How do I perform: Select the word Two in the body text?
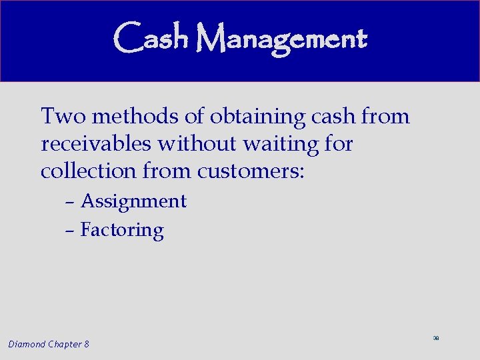[x=63, y=117]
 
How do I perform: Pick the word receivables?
[x=96, y=144]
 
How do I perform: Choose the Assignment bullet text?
[x=133, y=202]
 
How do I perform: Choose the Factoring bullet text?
[x=122, y=231]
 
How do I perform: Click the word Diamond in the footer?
[x=27, y=344]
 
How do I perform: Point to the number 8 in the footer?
[x=87, y=344]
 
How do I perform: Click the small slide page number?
[x=435, y=339]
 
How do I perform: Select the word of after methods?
[x=194, y=117]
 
